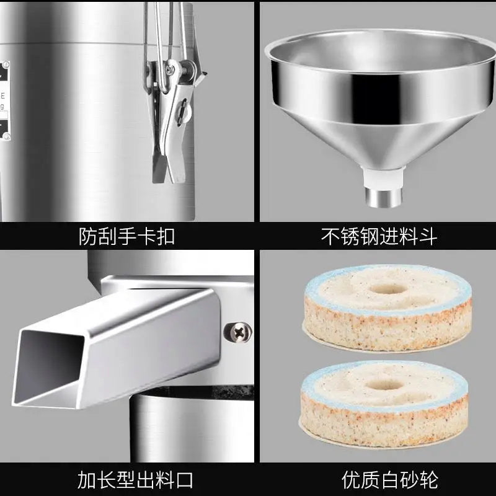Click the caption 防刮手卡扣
click(x=127, y=236)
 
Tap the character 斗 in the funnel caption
click(x=428, y=236)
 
